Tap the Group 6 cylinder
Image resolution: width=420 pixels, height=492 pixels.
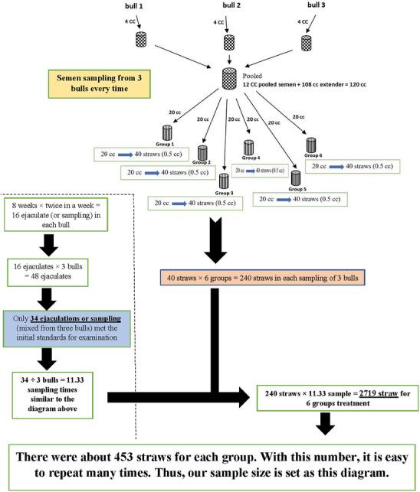coord(311,144)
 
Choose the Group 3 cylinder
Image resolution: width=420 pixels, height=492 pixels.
coord(224,181)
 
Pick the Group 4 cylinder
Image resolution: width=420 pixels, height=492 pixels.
coord(248,148)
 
